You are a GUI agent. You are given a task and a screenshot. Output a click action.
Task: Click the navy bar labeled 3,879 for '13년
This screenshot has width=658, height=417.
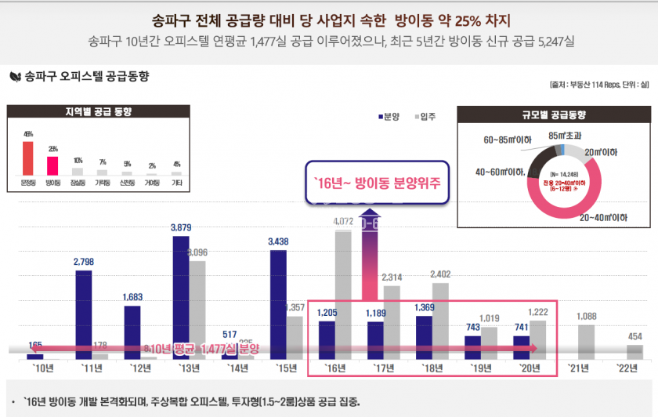[x=182, y=297]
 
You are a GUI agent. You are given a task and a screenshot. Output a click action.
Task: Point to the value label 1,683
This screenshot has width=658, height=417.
[x=133, y=297]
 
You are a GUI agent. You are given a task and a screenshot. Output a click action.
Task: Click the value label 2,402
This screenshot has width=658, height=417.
[x=440, y=274]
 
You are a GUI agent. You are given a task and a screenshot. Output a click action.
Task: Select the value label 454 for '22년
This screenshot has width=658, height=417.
[x=634, y=336]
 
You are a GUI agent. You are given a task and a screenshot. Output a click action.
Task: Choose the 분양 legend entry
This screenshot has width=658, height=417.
[x=389, y=117]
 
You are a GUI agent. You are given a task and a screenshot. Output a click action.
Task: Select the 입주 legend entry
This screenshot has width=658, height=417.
[x=425, y=117]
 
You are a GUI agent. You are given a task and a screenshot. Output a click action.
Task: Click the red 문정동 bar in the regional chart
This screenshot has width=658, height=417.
[x=28, y=158]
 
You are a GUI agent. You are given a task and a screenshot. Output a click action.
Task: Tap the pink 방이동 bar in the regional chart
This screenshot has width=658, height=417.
[x=52, y=165]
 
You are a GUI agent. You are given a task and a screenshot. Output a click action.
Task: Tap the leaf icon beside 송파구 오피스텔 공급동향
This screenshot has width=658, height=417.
[x=14, y=77]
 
